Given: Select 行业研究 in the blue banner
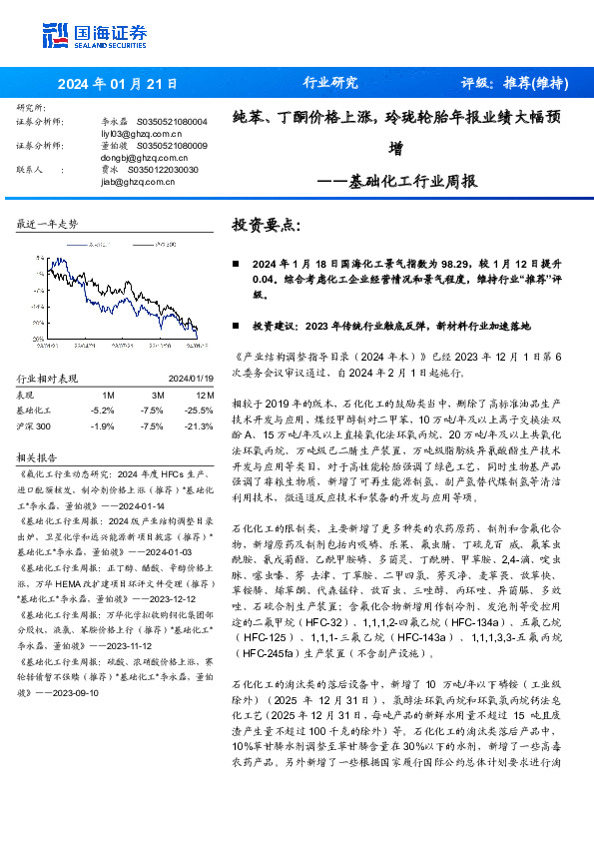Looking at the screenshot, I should pyautogui.click(x=329, y=83).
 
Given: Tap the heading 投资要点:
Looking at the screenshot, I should pyautogui.click(x=266, y=225).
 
